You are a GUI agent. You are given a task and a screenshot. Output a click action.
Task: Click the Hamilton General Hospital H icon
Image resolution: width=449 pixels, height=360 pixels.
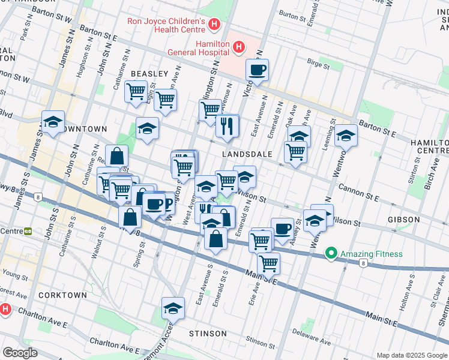pyautogui.click(x=239, y=47)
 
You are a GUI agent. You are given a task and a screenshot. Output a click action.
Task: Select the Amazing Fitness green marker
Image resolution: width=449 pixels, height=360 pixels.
pyautogui.click(x=330, y=254)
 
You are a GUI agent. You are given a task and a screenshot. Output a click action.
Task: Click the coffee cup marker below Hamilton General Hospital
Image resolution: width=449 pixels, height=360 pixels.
pyautogui.click(x=258, y=70)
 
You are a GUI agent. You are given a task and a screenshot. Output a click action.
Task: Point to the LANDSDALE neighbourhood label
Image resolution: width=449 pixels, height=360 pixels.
pyautogui.click(x=247, y=154)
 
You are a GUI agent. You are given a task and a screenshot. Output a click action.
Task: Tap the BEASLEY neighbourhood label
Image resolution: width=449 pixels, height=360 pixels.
pyautogui.click(x=149, y=74)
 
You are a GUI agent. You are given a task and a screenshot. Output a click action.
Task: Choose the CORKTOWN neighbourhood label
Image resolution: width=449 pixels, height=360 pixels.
pyautogui.click(x=62, y=295)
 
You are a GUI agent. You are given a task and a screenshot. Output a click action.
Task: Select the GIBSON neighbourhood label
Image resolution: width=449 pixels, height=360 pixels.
pyautogui.click(x=403, y=220)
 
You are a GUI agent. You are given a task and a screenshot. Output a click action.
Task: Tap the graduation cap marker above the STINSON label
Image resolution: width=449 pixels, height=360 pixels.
pyautogui.click(x=173, y=308)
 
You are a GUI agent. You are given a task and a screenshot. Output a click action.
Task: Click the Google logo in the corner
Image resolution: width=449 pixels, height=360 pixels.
pyautogui.click(x=20, y=353)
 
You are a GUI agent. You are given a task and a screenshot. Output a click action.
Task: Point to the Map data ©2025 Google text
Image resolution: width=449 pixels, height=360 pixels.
pyautogui.click(x=412, y=355)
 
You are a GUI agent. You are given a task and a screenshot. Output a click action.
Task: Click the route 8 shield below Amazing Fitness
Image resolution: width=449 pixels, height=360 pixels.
pyautogui.click(x=363, y=263)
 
